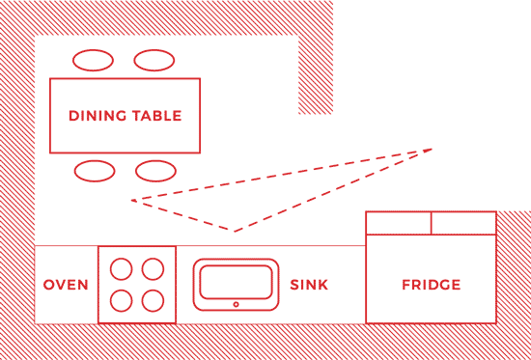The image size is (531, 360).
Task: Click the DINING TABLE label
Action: click(126, 116)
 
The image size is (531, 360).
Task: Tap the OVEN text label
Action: click(66, 285)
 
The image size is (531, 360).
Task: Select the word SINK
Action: click(309, 285)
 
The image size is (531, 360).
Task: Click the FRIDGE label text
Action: click(431, 285)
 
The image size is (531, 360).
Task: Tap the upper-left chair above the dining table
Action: click(95, 60)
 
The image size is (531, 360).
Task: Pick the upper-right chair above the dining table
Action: click(154, 60)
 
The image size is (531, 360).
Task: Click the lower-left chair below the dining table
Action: click(95, 172)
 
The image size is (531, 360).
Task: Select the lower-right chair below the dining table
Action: click(155, 172)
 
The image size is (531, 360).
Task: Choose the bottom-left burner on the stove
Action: click(122, 300)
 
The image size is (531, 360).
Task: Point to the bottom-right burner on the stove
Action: click(153, 300)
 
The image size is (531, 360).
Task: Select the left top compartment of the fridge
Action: click(399, 223)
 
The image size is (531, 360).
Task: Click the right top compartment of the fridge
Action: click(462, 223)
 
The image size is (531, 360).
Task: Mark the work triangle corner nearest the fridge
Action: click(432, 149)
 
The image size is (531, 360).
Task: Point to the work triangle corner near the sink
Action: click(234, 231)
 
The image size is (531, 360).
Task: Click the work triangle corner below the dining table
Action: click(132, 201)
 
